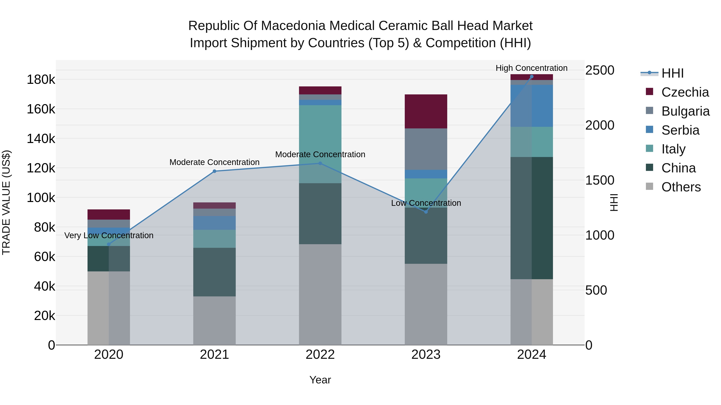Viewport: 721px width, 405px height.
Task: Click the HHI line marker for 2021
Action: [214, 171]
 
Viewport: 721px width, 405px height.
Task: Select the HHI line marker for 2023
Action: [426, 212]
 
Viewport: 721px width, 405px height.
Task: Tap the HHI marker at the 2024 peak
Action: [532, 77]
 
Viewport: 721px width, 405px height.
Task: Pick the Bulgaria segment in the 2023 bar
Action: [426, 149]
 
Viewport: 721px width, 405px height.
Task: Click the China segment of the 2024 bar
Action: [532, 218]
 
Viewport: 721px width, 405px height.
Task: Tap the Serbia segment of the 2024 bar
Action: [532, 106]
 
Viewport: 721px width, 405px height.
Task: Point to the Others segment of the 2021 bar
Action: [214, 320]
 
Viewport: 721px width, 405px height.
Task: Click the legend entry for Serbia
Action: [680, 130]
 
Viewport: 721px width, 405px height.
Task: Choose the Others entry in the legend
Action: [681, 187]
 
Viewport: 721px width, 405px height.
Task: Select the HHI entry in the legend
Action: [672, 73]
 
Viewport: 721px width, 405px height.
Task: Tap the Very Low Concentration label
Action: [109, 235]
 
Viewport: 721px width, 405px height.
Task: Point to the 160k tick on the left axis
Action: [41, 109]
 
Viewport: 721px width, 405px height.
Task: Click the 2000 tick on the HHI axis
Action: [599, 125]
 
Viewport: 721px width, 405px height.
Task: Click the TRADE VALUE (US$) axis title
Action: [6, 202]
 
